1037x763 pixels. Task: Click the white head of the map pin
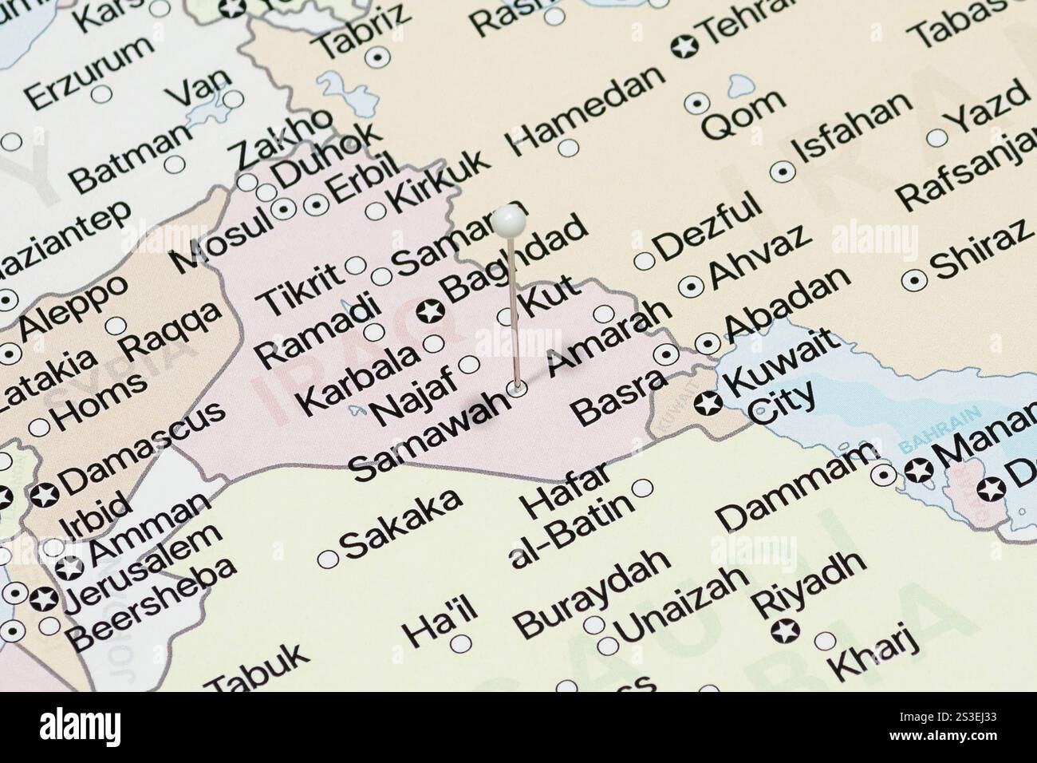[508, 220]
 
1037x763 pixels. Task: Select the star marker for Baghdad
[431, 309]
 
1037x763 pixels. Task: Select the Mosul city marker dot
[284, 209]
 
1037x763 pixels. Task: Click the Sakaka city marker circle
[327, 559]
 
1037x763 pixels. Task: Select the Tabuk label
[258, 669]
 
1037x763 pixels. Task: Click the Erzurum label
[88, 72]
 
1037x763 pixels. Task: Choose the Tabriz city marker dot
[377, 57]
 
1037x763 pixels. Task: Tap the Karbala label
[361, 379]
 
